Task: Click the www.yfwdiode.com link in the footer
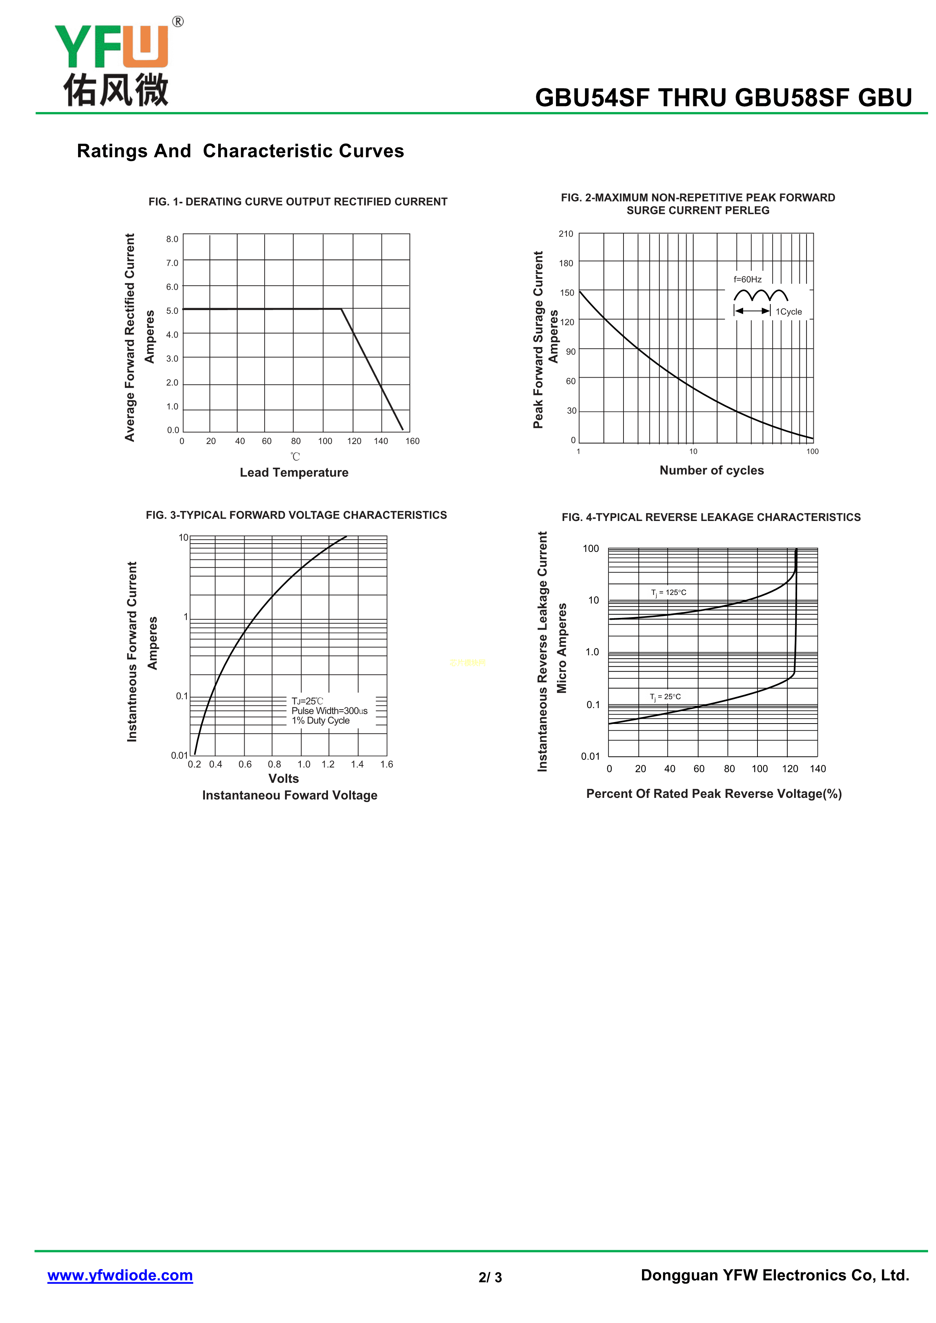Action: tap(120, 1275)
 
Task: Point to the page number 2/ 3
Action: tap(490, 1277)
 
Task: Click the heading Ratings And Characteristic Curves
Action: tap(240, 151)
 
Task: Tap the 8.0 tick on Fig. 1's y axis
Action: tap(172, 239)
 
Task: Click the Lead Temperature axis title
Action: tap(294, 472)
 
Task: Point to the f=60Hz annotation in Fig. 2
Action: tap(748, 280)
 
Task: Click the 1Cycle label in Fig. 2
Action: tap(788, 312)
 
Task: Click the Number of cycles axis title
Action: tap(711, 470)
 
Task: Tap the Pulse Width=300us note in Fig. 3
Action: tap(329, 711)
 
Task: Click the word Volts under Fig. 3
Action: tap(283, 779)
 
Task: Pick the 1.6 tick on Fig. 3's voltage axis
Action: tap(386, 764)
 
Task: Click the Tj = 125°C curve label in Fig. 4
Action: tap(668, 592)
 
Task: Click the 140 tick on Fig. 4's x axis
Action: tap(817, 769)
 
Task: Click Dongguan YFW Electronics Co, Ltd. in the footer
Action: tap(774, 1275)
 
